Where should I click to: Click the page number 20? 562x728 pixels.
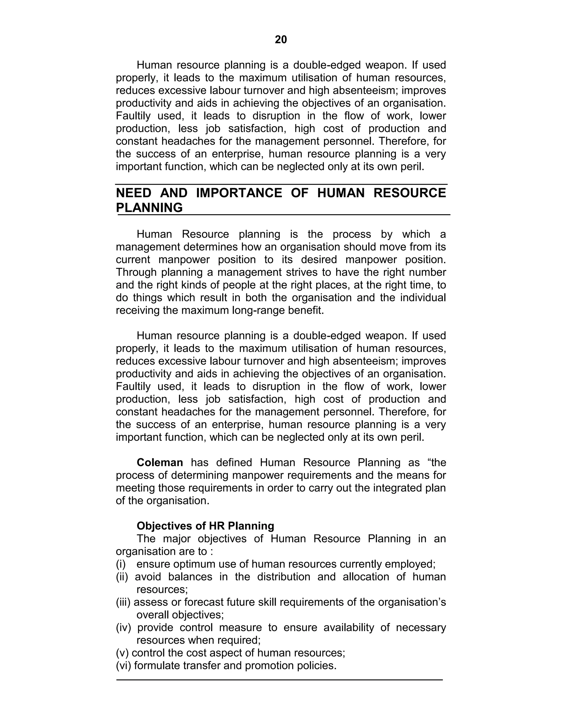(x=281, y=40)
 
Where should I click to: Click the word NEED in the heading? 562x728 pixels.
(x=134, y=193)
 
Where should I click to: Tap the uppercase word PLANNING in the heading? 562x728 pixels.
(x=149, y=208)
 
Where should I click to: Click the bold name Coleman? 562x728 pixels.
(x=160, y=462)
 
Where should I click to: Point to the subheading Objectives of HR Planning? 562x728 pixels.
(x=205, y=526)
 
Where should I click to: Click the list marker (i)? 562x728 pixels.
(x=120, y=564)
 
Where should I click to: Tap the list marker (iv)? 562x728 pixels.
(x=123, y=627)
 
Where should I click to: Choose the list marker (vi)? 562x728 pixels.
(x=123, y=665)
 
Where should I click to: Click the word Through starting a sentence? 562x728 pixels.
(x=136, y=272)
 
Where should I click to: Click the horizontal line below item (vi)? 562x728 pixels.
(x=280, y=679)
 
